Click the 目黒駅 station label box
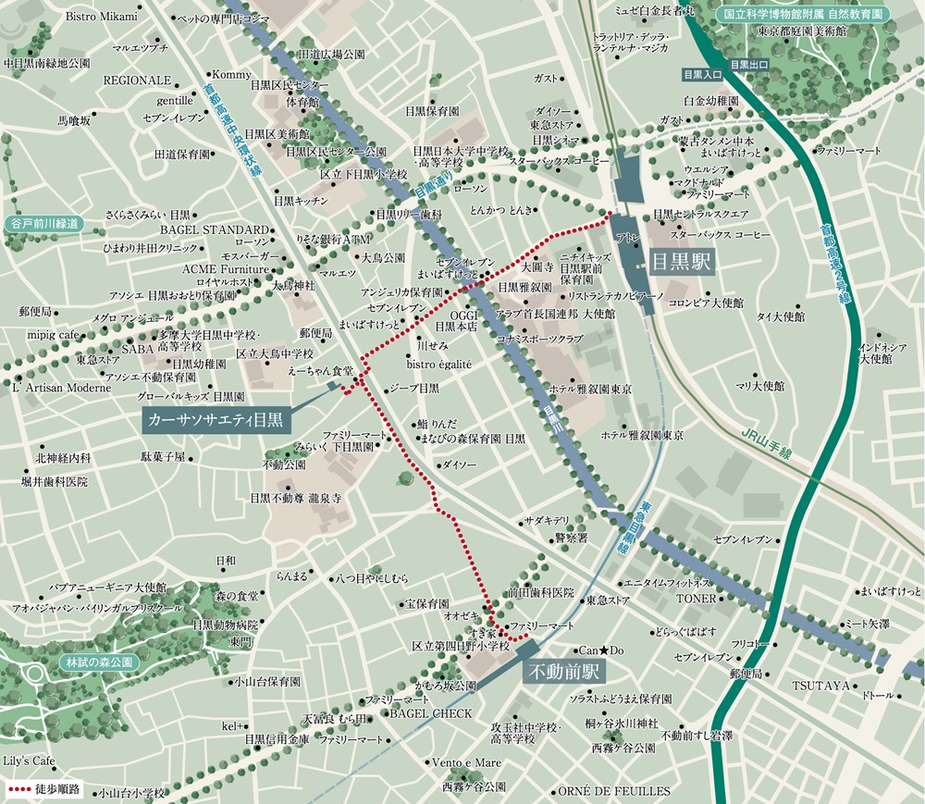coord(682,262)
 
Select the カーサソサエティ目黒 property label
coord(217,421)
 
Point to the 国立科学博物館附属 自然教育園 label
coord(802,14)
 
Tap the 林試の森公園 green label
coord(99,662)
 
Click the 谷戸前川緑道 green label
coord(43,224)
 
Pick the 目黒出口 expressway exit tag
coord(748,65)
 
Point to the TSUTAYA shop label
coord(820,686)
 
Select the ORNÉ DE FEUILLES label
coord(613,791)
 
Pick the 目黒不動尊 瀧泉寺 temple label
coord(295,498)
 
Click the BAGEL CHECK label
coord(430,714)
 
